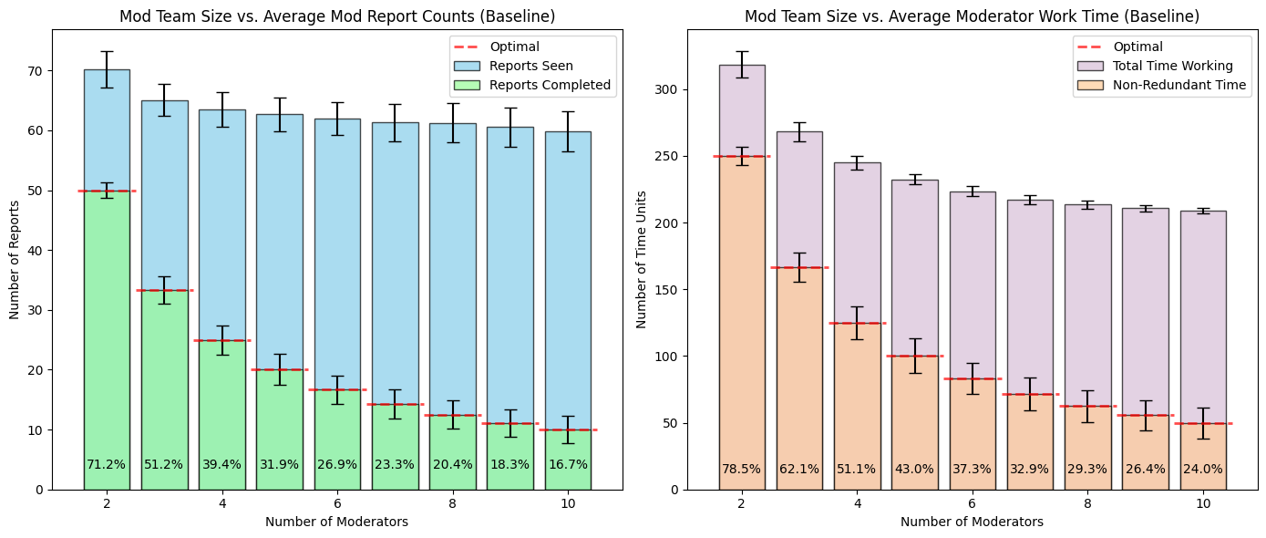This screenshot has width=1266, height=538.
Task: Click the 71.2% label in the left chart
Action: tap(106, 464)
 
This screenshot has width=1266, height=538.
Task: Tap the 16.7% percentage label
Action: tap(568, 464)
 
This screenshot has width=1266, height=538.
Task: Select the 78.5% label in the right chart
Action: tap(741, 469)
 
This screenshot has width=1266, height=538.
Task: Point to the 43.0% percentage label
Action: tap(914, 469)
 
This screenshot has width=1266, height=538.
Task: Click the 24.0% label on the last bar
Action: tap(1202, 469)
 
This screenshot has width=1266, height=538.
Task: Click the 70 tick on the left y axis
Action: tap(36, 71)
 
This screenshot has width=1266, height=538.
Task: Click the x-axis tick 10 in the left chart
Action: tap(568, 503)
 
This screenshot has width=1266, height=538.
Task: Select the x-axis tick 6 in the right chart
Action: tap(972, 503)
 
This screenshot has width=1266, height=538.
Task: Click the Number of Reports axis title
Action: tap(15, 259)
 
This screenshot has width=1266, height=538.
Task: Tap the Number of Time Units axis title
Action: tap(642, 259)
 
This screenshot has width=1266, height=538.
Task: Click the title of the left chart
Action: tap(337, 16)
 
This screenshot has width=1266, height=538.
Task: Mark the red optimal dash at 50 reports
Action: tap(107, 191)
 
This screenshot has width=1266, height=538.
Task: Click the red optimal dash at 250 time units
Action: tap(741, 156)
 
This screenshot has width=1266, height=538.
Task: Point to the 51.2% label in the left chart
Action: tap(164, 464)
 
